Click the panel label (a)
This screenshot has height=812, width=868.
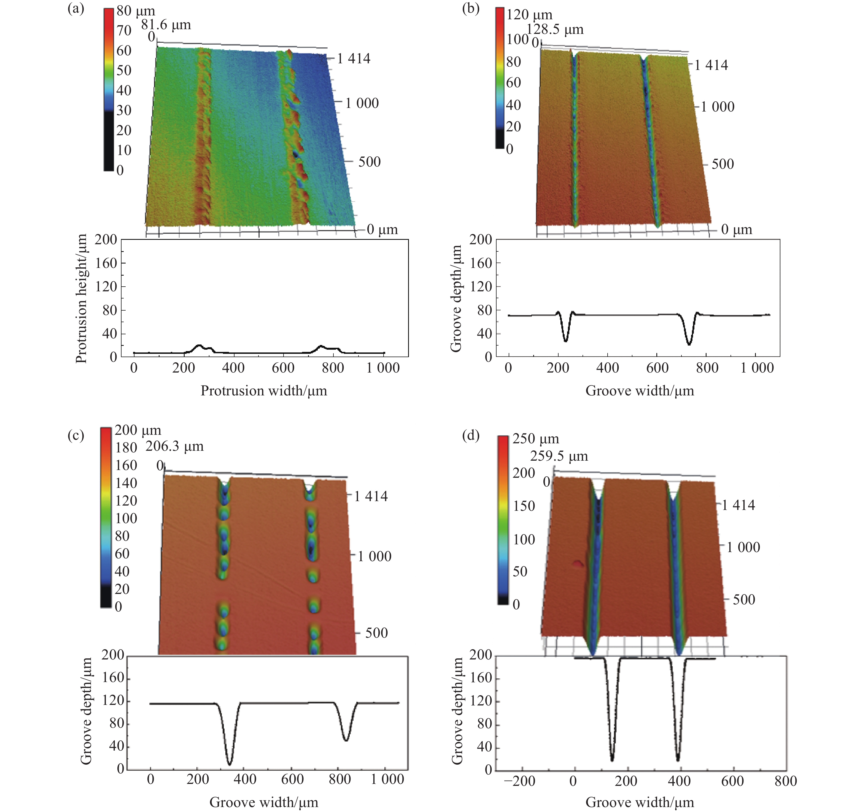coord(76,9)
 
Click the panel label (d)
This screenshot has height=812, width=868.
coord(470,435)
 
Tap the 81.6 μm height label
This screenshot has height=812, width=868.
coord(166,25)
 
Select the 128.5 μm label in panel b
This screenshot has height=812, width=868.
coord(555,30)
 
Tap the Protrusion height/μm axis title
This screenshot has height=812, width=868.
coord(81,298)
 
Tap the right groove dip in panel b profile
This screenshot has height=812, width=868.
coord(689,344)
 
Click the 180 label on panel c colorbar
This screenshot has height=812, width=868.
coord(126,448)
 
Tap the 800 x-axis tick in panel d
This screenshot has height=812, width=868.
coord(786,781)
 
